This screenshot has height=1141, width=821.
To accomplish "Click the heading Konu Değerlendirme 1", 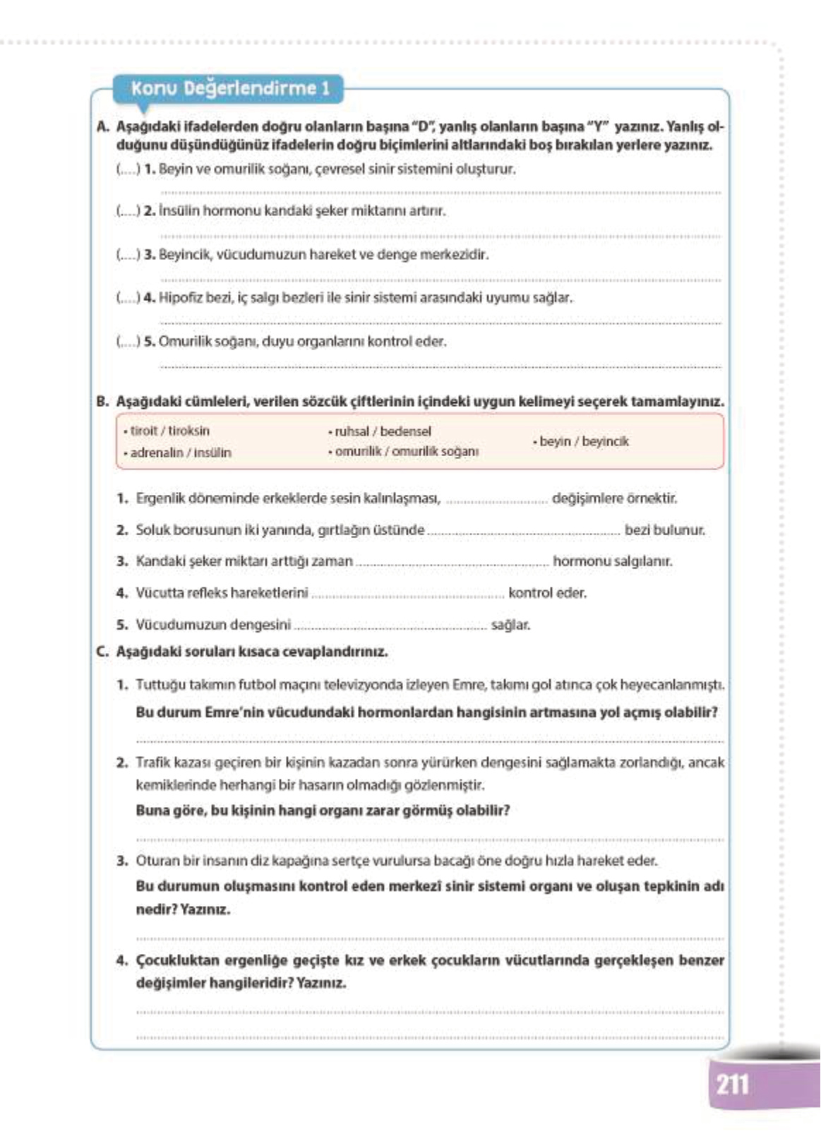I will coord(230,89).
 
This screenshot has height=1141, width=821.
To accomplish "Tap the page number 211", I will coord(732,1084).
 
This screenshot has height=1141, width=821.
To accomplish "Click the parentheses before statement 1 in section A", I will coord(128,169).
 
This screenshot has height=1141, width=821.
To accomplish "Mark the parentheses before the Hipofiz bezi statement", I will coord(128,298).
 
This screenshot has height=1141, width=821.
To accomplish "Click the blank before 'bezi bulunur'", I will coord(524,532).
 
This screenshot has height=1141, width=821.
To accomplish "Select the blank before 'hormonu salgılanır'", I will coord(452,563).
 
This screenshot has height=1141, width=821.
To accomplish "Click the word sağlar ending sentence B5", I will coord(510,625).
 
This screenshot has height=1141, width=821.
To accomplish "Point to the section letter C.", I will coord(102,652).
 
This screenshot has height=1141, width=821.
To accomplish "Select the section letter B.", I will coord(102,402).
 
